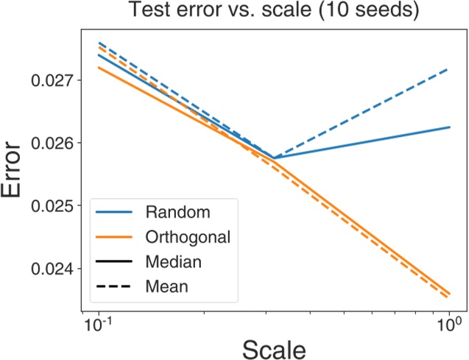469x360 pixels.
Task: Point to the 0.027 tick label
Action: pyautogui.click(x=52, y=80)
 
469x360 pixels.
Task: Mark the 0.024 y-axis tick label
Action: pyautogui.click(x=52, y=269)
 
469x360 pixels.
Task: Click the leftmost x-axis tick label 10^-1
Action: pyautogui.click(x=99, y=322)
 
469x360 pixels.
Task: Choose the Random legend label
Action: pyautogui.click(x=177, y=213)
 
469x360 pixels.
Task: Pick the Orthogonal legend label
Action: pyautogui.click(x=188, y=237)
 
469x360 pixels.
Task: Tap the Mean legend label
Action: pyautogui.click(x=167, y=286)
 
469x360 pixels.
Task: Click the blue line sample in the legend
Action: pyautogui.click(x=114, y=213)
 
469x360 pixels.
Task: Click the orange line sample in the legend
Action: pyautogui.click(x=114, y=237)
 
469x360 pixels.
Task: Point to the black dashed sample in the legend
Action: pyautogui.click(x=114, y=286)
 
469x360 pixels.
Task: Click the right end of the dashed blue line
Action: pyautogui.click(x=448, y=69)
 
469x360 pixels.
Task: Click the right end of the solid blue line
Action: pyautogui.click(x=448, y=127)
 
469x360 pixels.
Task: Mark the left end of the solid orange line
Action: pyautogui.click(x=99, y=68)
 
